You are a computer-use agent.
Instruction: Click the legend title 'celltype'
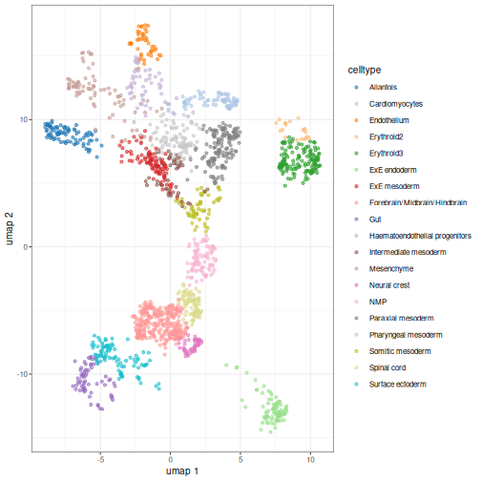[365, 70]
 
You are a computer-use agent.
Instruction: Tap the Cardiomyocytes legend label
[396, 104]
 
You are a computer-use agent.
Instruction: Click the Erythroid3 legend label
[386, 154]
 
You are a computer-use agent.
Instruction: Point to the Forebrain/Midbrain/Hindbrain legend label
[418, 202]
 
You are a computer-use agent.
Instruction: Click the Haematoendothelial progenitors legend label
[420, 236]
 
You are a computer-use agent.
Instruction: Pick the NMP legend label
[378, 302]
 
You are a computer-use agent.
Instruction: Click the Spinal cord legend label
[387, 367]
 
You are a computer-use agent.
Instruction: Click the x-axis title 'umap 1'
[182, 471]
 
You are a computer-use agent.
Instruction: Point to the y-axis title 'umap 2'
[10, 229]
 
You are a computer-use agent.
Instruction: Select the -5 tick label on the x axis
[100, 460]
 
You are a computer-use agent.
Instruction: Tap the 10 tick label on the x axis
[310, 460]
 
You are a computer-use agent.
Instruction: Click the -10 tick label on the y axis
[22, 374]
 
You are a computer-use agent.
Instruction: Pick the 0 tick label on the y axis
[26, 247]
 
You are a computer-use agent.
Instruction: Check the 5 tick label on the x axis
[240, 460]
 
